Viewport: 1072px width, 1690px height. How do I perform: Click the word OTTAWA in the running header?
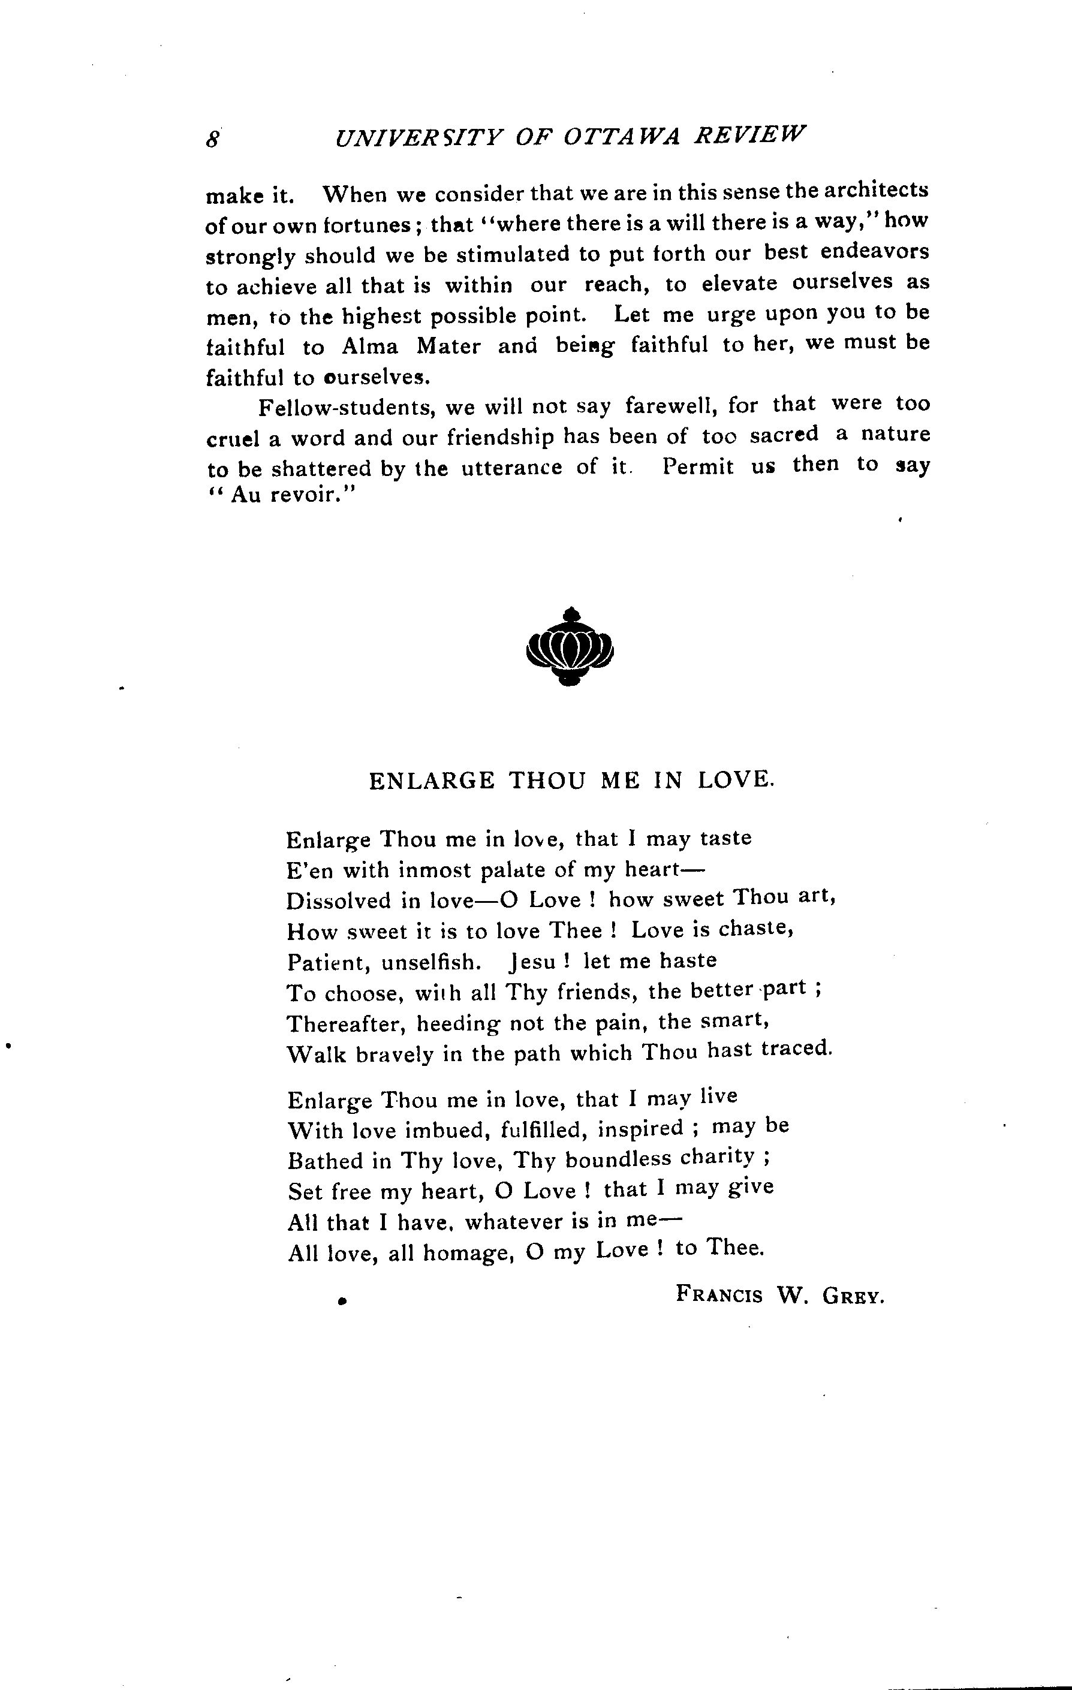pos(622,137)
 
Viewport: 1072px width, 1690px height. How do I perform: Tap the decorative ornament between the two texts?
pos(570,646)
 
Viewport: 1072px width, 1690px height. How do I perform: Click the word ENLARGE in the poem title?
pos(432,781)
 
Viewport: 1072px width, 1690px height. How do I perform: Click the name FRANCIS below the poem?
pos(719,1294)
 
